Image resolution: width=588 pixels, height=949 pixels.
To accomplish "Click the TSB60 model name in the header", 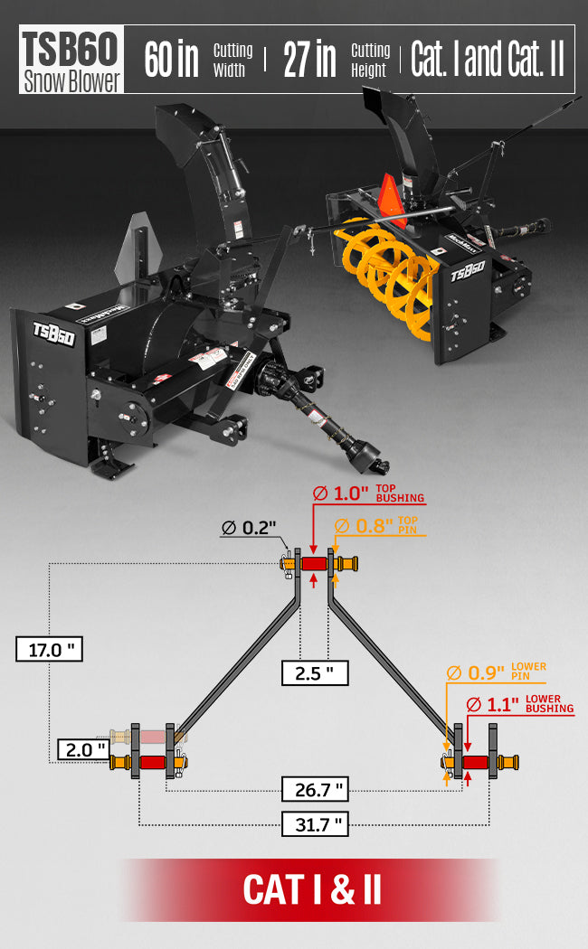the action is click(x=70, y=49).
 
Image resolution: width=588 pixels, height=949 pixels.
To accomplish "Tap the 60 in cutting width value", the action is click(x=171, y=60).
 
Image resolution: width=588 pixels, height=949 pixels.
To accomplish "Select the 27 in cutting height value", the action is click(x=309, y=60).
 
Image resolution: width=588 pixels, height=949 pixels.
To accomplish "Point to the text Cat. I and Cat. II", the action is click(x=488, y=59).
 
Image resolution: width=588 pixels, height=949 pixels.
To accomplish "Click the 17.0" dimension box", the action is click(x=49, y=650).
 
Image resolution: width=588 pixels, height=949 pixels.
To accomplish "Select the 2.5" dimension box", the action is click(x=315, y=673).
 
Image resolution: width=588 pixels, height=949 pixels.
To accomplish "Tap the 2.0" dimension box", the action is click(x=83, y=749).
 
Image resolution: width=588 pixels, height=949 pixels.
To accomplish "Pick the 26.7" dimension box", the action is click(x=315, y=789).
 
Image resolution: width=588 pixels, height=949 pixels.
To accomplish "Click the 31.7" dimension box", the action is click(x=315, y=823).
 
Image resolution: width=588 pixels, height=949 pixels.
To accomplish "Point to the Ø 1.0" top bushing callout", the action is click(x=368, y=493).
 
